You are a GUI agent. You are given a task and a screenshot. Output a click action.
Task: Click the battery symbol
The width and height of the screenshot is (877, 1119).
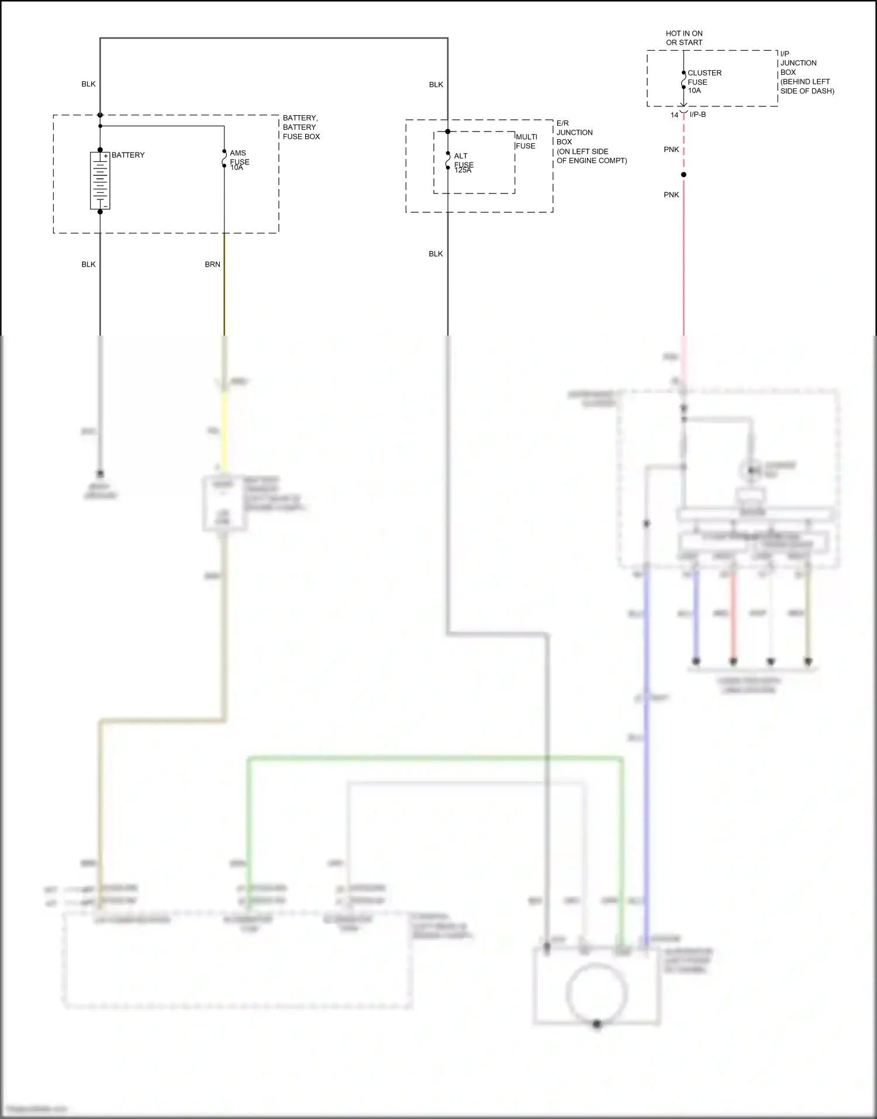click(x=100, y=181)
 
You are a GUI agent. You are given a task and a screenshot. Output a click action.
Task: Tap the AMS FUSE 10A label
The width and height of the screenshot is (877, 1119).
click(x=239, y=160)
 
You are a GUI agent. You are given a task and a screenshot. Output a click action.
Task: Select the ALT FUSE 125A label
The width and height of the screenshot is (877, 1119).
click(x=463, y=163)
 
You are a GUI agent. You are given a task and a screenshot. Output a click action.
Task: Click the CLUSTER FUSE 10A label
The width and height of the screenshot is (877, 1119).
click(x=704, y=82)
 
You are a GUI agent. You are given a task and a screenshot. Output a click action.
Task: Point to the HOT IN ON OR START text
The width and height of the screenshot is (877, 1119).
click(x=684, y=38)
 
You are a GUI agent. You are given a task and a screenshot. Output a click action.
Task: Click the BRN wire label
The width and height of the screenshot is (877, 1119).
click(x=212, y=265)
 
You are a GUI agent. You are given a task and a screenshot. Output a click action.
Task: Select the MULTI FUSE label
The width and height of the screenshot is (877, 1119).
click(x=526, y=141)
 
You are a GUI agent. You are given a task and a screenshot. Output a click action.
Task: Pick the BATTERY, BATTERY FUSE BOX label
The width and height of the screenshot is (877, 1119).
click(x=301, y=127)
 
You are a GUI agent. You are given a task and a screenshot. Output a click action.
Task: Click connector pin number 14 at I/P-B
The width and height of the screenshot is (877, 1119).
click(x=674, y=115)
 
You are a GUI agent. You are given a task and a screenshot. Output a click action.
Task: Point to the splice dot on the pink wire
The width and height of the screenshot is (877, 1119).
click(x=683, y=175)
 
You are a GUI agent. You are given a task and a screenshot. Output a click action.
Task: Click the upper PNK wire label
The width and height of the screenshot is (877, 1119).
click(x=671, y=150)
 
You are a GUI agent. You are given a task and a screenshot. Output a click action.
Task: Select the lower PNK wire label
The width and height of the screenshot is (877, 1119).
click(x=671, y=195)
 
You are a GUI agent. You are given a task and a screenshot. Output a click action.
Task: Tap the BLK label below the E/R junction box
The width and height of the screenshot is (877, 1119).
click(x=436, y=254)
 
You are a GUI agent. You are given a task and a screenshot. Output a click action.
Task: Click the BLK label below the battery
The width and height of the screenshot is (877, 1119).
click(x=88, y=265)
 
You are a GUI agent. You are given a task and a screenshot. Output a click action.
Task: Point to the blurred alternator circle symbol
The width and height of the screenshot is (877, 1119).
click(x=596, y=993)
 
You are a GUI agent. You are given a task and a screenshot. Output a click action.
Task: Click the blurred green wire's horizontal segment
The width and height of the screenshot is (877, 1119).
click(x=433, y=759)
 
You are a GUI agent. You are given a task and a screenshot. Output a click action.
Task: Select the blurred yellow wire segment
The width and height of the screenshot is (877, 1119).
click(x=224, y=430)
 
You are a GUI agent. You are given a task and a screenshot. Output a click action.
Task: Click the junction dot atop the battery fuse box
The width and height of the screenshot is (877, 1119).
click(x=100, y=115)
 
